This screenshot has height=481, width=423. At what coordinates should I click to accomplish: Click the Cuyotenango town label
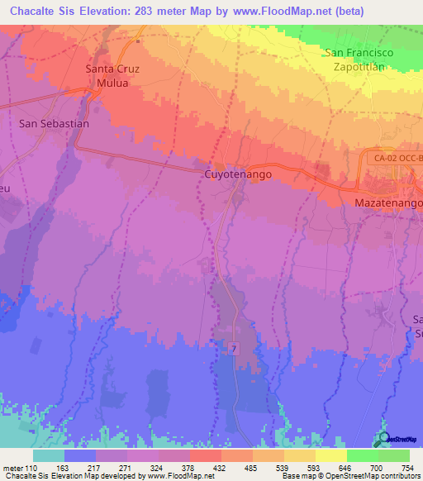tap(237, 175)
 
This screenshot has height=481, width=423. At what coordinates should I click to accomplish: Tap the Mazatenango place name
tap(388, 202)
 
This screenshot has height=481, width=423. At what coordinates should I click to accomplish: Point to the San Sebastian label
tap(54, 123)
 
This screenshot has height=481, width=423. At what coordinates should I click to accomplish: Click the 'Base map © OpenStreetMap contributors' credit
tap(349, 475)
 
